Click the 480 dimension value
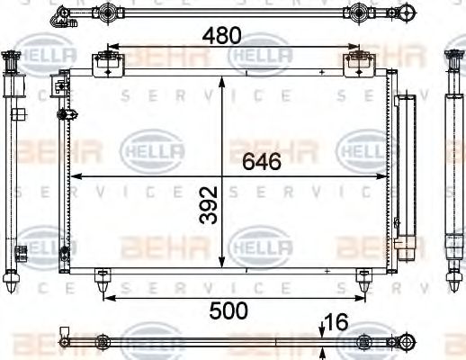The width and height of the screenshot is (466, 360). point(221,36)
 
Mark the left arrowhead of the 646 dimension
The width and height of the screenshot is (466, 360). point(75,175)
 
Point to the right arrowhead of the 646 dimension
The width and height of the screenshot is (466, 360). point(384,175)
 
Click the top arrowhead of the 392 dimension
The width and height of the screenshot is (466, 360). point(222,80)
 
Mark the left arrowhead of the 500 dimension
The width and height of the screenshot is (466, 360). point(106,294)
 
